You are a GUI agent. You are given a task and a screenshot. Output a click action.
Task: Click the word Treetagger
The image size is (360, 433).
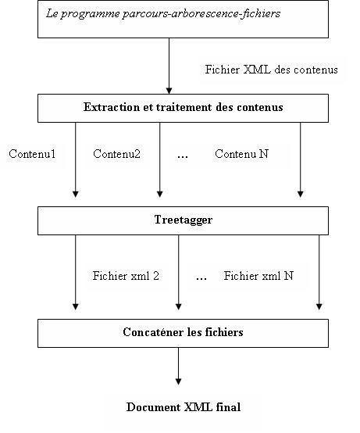pyautogui.click(x=184, y=220)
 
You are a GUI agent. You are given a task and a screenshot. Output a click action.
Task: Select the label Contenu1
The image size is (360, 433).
pyautogui.click(x=32, y=154)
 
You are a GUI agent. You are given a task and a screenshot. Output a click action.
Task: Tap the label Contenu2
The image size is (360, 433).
pyautogui.click(x=116, y=154)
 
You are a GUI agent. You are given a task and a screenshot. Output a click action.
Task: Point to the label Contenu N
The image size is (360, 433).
pyautogui.click(x=241, y=154)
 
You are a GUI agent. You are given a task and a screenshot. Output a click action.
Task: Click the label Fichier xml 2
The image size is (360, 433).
pyautogui.click(x=126, y=276)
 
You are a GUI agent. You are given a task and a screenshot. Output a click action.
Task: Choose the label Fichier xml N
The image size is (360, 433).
pyautogui.click(x=258, y=276)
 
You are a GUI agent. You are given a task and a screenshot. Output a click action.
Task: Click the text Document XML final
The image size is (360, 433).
pyautogui.click(x=184, y=407)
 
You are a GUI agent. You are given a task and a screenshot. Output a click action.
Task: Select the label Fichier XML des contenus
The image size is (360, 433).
pyautogui.click(x=272, y=70)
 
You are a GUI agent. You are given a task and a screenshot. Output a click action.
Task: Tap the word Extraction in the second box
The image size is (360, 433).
pyautogui.click(x=112, y=107)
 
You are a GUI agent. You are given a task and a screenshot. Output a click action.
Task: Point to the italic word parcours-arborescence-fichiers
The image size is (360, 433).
pyautogui.click(x=201, y=14)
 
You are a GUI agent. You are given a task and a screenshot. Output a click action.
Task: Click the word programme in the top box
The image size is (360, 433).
pyautogui.click(x=91, y=14)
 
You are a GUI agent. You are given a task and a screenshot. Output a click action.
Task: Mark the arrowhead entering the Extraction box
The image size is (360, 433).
pyautogui.click(x=169, y=91)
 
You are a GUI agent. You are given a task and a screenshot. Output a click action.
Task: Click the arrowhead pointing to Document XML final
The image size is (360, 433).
pyautogui.click(x=179, y=381)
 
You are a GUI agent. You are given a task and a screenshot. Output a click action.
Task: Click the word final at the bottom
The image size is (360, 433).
pyautogui.click(x=228, y=407)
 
